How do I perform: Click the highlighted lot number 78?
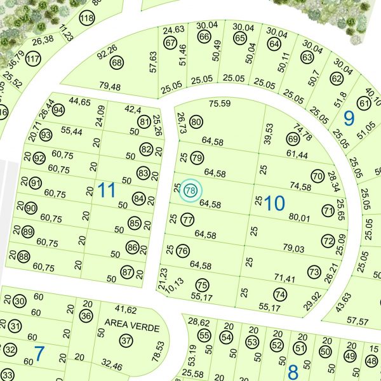point(190,190)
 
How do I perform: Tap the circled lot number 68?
point(116,63)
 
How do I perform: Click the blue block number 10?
point(275,203)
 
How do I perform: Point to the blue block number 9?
point(349,117)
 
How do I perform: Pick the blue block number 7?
point(39,354)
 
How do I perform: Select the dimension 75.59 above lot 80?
point(220,104)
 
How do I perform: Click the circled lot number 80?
point(196,122)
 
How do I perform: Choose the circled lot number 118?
point(86,18)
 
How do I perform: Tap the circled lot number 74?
point(280,294)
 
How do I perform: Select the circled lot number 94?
point(59,109)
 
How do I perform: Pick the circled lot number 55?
point(204,335)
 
